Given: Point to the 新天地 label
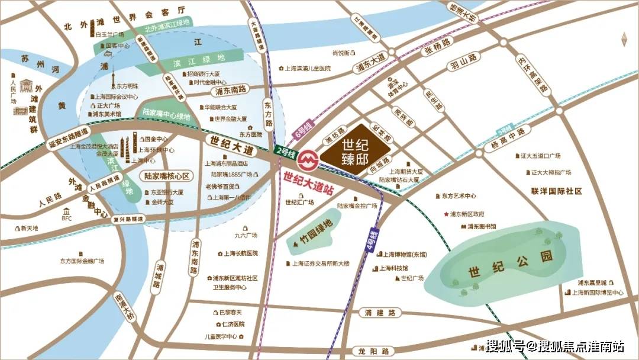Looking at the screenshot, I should (x=28, y=228).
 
